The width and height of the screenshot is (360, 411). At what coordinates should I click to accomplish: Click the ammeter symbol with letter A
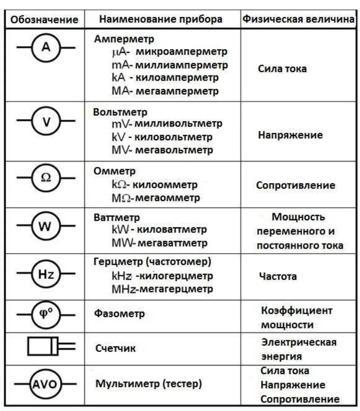pos(46,47)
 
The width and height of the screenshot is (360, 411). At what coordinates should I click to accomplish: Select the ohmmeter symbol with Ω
pos(46,178)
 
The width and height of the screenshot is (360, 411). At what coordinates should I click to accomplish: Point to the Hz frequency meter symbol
pos(46,274)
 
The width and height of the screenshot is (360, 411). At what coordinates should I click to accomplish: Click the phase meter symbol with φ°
pos(46,315)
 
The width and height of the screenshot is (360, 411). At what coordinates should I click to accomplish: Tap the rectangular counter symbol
pos(43,346)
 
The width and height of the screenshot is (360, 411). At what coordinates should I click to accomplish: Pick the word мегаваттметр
pos(172,243)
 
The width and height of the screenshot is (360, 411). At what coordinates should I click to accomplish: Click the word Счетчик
pos(115,348)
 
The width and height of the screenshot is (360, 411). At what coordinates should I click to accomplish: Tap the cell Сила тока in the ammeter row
pos(282,69)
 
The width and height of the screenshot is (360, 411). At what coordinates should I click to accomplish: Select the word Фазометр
pos(120,314)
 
